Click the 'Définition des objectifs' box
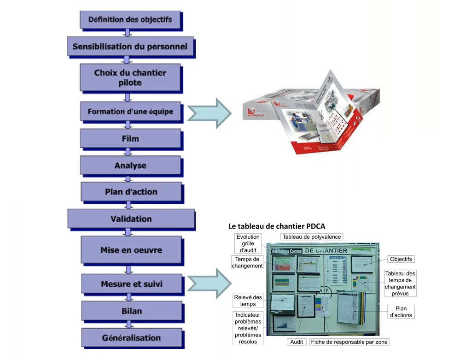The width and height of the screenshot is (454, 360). pyautogui.click(x=130, y=20)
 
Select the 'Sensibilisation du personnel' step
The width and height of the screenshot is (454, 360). pyautogui.click(x=130, y=47)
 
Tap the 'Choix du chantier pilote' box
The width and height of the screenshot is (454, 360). pyautogui.click(x=130, y=77)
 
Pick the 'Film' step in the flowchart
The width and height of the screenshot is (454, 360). pyautogui.click(x=130, y=138)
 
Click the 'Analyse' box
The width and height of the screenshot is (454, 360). pyautogui.click(x=130, y=165)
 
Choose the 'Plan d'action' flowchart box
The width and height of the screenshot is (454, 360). pyautogui.click(x=131, y=192)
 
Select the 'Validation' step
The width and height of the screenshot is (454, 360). pyautogui.click(x=131, y=219)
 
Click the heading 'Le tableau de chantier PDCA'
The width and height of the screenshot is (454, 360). pyautogui.click(x=277, y=226)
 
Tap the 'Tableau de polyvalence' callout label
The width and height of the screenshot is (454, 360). pyautogui.click(x=312, y=237)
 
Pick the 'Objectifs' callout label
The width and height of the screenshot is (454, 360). pyautogui.click(x=401, y=260)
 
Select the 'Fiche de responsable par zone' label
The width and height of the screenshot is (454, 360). pyautogui.click(x=349, y=342)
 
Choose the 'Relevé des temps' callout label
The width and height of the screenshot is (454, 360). pyautogui.click(x=248, y=301)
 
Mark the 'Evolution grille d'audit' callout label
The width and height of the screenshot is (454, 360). pyautogui.click(x=248, y=243)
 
